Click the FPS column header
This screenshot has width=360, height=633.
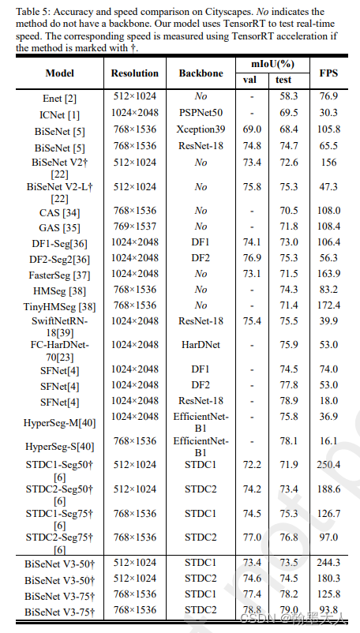pos(329,73)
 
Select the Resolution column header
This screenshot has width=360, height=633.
pos(133,73)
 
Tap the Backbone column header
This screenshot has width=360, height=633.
pos(201,73)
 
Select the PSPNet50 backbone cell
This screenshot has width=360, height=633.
pos(201,114)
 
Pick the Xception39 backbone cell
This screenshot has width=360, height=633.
pos(201,129)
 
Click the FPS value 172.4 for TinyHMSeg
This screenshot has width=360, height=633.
pos(329,305)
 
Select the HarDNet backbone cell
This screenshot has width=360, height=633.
pos(201,344)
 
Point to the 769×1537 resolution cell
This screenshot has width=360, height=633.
pos(133,227)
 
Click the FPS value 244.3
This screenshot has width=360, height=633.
pos(329,564)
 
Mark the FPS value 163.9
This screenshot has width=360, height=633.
pos(329,273)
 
